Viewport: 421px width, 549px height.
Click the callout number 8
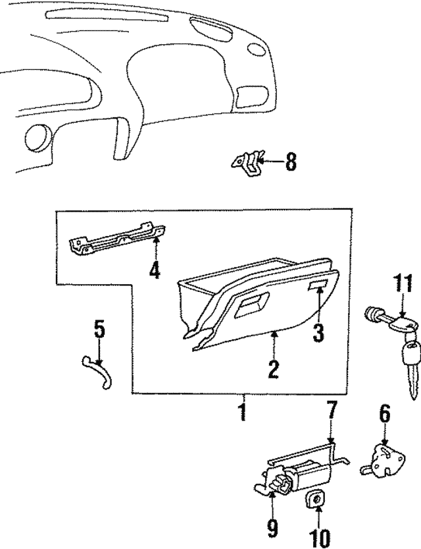tap(290, 161)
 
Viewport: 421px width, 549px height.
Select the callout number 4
tap(154, 270)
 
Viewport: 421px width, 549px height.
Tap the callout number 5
tap(99, 329)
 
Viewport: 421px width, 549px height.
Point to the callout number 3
tap(318, 333)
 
